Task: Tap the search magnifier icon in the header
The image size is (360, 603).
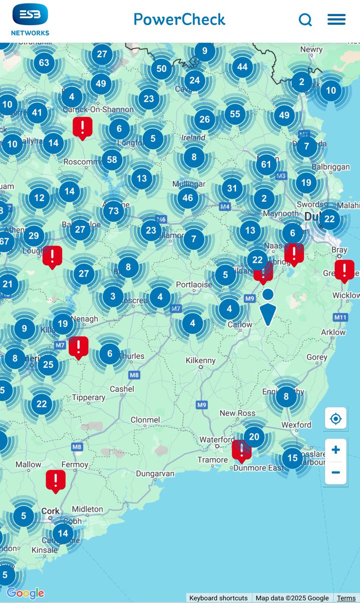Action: tap(305, 20)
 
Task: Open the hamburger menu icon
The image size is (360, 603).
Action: tap(336, 20)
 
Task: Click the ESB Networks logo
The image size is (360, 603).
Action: tap(30, 20)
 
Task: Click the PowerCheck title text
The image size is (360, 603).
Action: tap(179, 20)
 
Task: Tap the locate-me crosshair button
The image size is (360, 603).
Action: tap(335, 419)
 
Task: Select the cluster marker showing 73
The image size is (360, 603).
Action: tap(114, 211)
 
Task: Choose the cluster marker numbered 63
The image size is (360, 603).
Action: tap(44, 63)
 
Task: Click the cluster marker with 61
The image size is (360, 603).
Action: tap(266, 164)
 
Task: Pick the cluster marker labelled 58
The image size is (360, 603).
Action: tap(112, 160)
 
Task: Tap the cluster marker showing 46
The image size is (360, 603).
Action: tap(188, 197)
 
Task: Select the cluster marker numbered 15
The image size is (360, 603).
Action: tap(293, 458)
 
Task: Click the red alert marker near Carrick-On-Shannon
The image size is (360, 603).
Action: tap(82, 127)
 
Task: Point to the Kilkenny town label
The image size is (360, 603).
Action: tap(200, 361)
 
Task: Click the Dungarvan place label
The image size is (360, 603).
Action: tap(155, 473)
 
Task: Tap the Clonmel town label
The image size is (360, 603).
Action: tap(145, 420)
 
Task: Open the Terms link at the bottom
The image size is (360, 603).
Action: tap(346, 598)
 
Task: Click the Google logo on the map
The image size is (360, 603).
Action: tap(26, 593)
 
